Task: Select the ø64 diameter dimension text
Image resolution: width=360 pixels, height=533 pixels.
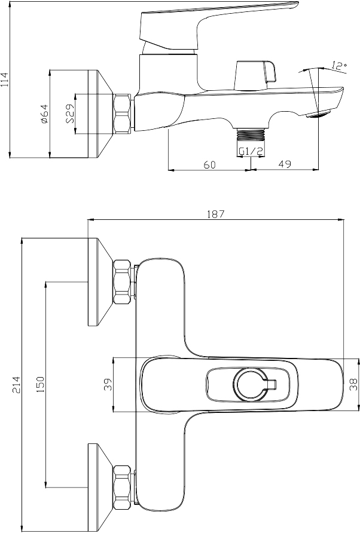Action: point(44,114)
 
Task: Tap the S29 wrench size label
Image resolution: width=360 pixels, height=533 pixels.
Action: point(71,114)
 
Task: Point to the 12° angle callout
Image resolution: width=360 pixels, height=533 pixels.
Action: point(339,65)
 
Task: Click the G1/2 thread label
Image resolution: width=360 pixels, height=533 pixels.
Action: point(251,151)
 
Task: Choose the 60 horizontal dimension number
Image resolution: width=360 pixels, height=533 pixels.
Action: point(210,164)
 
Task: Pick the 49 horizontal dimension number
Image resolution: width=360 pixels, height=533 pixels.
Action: point(285,164)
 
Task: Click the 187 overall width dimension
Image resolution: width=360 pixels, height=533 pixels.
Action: point(216,214)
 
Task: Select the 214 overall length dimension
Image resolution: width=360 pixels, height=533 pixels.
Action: point(16,385)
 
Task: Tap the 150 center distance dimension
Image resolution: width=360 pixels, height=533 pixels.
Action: point(40,384)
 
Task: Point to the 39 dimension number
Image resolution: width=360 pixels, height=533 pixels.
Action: point(107,384)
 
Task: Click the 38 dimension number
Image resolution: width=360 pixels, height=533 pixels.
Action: point(353,384)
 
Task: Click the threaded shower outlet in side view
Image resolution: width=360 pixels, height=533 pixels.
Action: point(251,134)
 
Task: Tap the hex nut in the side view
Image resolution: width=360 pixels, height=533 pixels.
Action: point(122,114)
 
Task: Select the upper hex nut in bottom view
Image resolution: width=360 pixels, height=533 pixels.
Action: point(122,281)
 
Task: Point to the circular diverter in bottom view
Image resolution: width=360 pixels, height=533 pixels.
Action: point(251,384)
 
